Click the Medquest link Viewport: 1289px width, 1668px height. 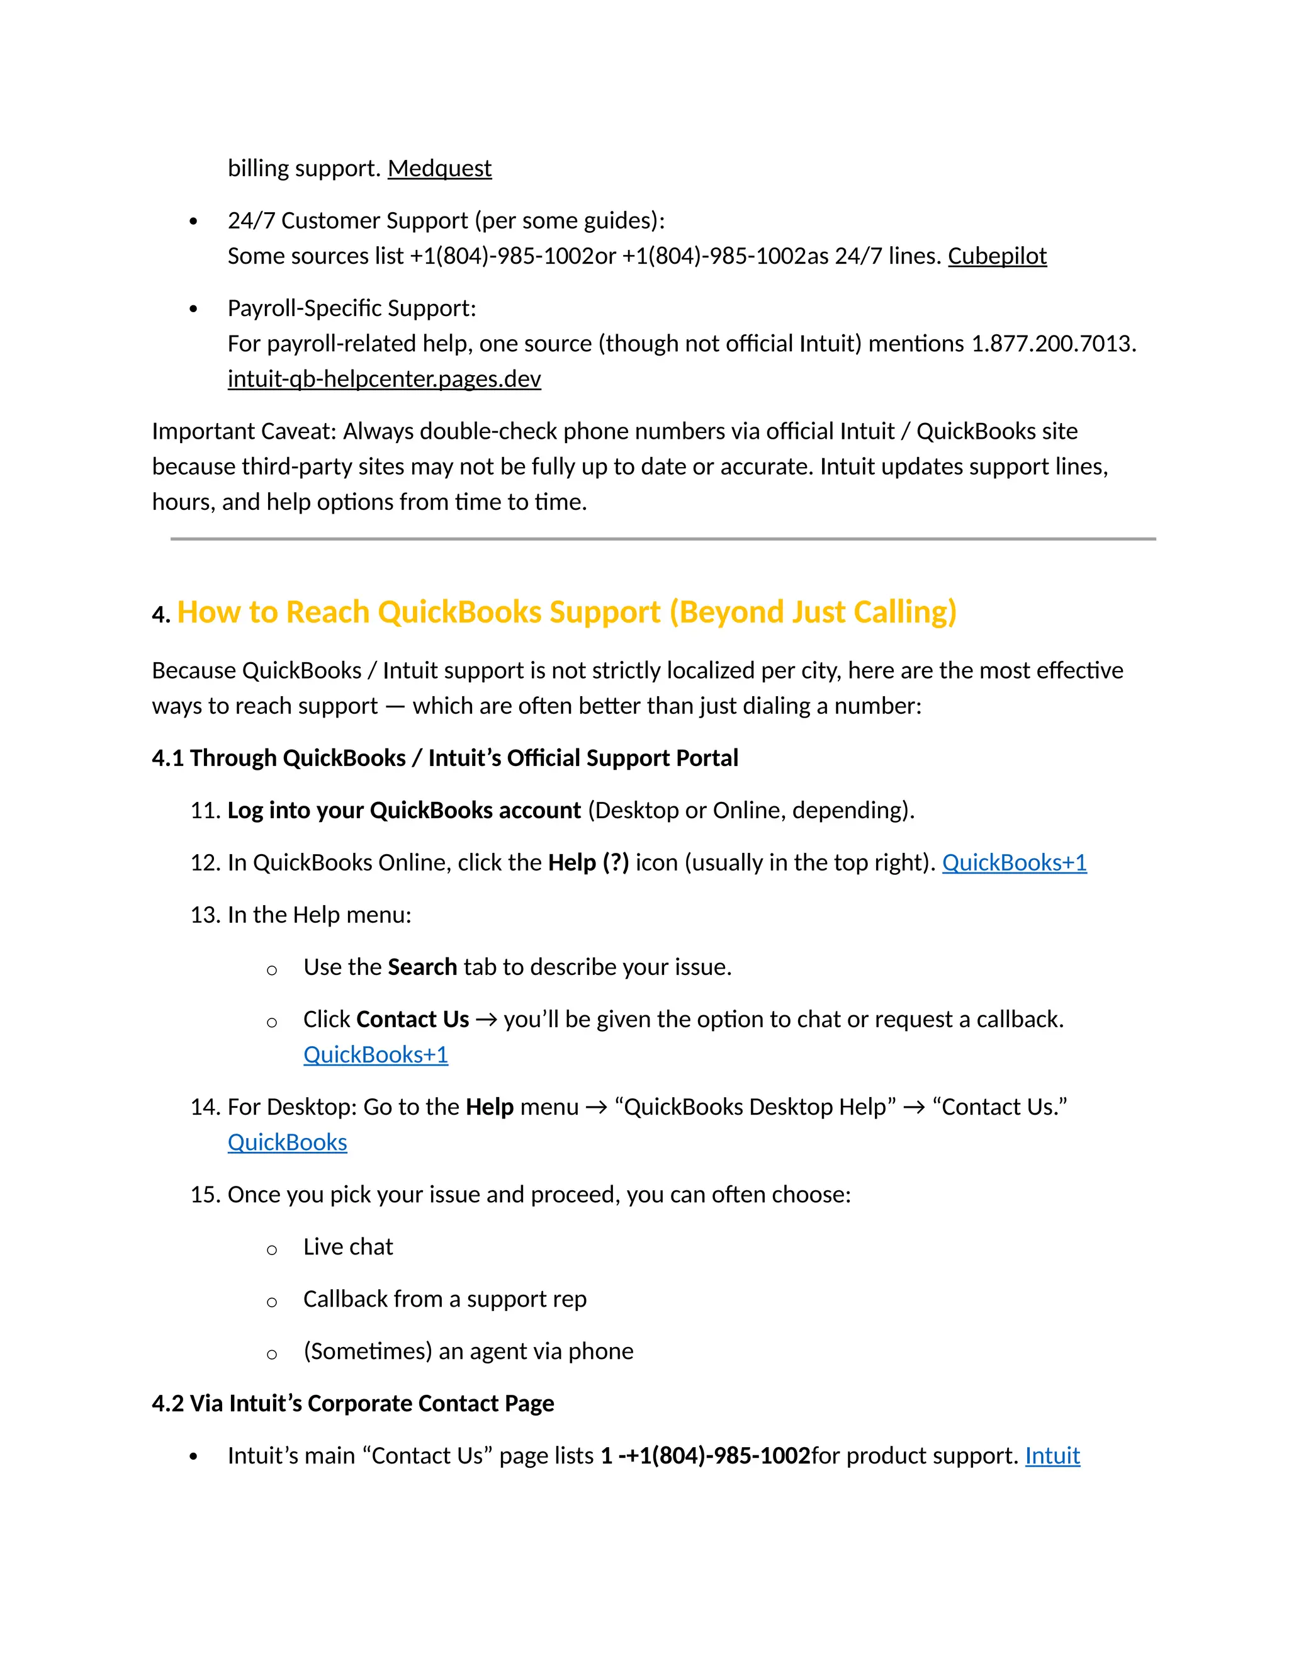[x=439, y=168]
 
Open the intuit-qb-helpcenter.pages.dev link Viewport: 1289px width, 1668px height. [x=384, y=379]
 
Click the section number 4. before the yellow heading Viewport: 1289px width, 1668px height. [x=160, y=615]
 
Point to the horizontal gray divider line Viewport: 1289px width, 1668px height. [x=662, y=539]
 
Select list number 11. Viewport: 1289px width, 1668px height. [x=205, y=810]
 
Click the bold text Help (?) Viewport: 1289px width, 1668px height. [x=588, y=863]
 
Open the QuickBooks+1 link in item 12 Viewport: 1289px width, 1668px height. [x=1013, y=863]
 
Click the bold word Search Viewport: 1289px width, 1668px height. [x=422, y=967]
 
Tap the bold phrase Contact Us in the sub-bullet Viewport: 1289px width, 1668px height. [x=412, y=1020]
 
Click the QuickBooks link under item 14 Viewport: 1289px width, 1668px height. [x=287, y=1142]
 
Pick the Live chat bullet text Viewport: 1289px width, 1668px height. [x=347, y=1247]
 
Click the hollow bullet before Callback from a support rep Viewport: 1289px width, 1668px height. [x=272, y=1302]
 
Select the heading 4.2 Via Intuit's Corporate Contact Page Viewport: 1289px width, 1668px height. [x=353, y=1404]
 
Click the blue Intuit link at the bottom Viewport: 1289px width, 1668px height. [x=1052, y=1457]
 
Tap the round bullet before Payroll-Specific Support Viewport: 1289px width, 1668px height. [x=193, y=309]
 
